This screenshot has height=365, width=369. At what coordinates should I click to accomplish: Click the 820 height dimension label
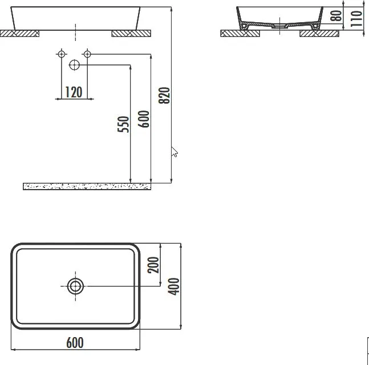click(x=164, y=96)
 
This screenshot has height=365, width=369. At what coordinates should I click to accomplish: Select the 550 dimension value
click(x=123, y=124)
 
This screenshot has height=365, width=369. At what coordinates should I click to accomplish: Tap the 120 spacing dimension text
click(x=74, y=92)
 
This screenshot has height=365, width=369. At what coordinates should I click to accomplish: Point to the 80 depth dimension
click(x=336, y=15)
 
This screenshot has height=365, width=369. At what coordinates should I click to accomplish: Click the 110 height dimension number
click(x=356, y=19)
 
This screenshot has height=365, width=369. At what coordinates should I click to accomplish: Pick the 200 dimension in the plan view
click(x=153, y=265)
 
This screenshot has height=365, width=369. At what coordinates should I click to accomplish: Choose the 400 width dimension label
click(x=173, y=286)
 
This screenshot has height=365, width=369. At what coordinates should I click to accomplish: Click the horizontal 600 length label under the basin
click(x=75, y=343)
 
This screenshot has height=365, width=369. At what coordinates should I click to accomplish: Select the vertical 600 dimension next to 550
click(x=144, y=119)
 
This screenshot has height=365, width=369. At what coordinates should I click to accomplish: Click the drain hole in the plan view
click(x=75, y=286)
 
